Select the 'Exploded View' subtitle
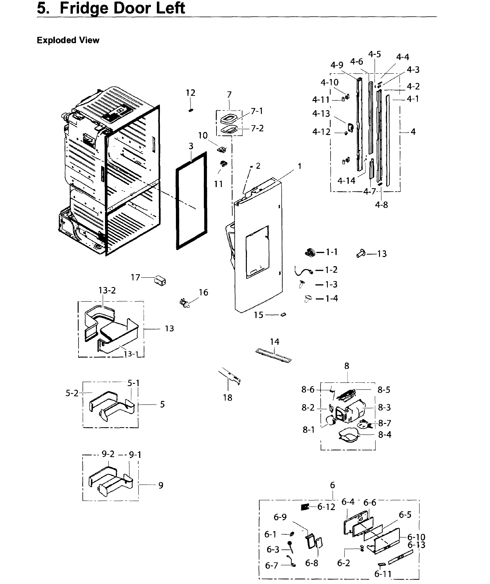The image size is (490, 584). (68, 40)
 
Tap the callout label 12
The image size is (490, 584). (191, 93)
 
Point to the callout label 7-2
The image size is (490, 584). (257, 128)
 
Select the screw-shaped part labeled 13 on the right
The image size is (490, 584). (361, 253)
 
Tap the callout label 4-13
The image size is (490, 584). (321, 113)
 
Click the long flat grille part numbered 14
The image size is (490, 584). (273, 356)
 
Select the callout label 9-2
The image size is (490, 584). (108, 454)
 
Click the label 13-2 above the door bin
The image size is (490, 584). (107, 290)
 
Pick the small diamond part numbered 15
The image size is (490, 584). (283, 315)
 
